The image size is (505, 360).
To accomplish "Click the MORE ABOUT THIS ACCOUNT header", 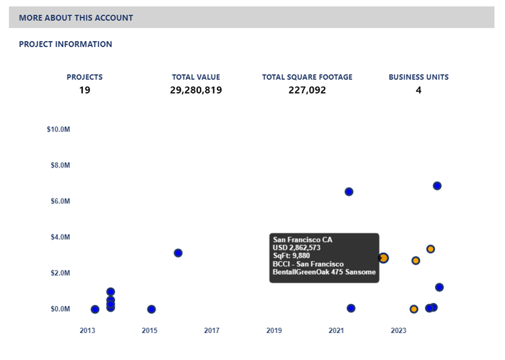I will pos(76,18).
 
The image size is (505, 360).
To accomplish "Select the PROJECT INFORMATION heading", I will pos(65,44).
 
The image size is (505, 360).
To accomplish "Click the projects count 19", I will pos(84,89).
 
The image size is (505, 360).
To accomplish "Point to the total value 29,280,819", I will pos(196,89).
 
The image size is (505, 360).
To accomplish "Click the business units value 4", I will pos(418,89).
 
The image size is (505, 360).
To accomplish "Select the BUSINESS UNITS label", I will pos(418,77).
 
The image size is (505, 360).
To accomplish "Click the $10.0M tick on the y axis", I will pos(59,129).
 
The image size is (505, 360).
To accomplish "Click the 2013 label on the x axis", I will pos(88,330).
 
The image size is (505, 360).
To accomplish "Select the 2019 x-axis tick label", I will pos(274,330).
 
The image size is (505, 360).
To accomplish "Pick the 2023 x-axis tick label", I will pos(399,330).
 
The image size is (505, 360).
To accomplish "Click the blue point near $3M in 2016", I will pos(178,253).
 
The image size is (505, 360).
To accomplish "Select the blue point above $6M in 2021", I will pos(349,192).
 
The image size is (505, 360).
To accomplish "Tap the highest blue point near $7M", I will pos(437,186).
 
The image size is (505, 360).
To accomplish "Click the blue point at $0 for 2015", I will pos(151,310).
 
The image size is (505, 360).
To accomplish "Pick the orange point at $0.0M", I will pos(414,310).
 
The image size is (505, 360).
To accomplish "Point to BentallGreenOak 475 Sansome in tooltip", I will pos(324,272).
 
